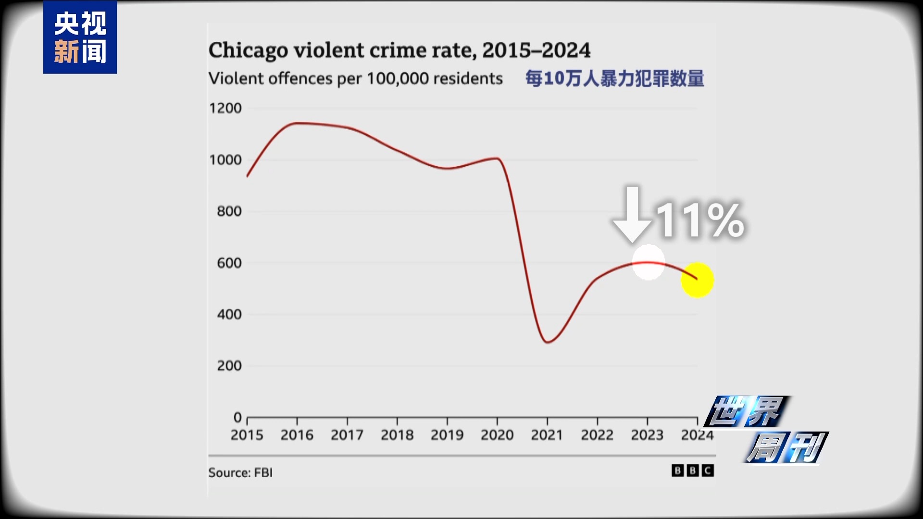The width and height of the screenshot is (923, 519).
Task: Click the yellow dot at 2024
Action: coord(697,280)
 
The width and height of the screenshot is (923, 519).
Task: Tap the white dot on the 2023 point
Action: coord(648,262)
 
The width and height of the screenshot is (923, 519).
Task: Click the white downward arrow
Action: coord(633,214)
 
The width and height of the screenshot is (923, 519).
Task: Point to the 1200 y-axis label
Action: coord(225,108)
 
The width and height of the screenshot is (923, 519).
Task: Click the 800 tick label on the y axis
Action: coord(229,211)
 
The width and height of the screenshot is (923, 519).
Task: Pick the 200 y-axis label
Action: coord(229,366)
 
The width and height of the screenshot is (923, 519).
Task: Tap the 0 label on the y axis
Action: coord(237,417)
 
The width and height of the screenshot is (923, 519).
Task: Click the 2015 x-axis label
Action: coord(247,435)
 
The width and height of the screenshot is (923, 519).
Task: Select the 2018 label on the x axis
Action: coord(397,435)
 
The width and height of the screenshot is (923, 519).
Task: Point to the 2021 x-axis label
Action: coord(547,435)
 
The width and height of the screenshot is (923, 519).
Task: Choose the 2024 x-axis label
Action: coord(697,435)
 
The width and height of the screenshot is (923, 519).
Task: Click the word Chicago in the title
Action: coord(248,50)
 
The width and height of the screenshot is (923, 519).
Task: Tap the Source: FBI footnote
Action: coord(240,472)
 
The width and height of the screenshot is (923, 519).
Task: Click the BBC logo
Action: coord(692,470)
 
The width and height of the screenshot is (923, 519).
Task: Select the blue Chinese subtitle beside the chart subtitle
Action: coord(614,78)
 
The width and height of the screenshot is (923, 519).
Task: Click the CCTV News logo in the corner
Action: coord(80,37)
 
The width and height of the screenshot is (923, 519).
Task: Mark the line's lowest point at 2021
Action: coord(548,342)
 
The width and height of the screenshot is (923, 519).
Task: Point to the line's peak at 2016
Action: coord(297,123)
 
